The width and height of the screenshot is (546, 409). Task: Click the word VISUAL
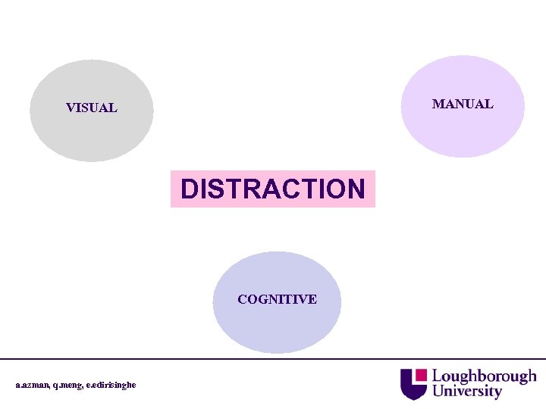tap(91, 108)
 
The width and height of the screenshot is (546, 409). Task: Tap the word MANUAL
tap(462, 104)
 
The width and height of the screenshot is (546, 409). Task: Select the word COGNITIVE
tap(277, 299)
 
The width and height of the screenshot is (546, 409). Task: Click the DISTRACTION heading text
tap(273, 189)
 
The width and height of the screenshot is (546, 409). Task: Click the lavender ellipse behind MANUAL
tap(463, 133)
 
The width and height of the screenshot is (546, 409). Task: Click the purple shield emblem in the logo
tap(413, 383)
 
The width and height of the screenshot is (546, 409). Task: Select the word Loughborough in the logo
tap(484, 376)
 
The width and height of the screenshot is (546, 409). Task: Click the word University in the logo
tap(467, 392)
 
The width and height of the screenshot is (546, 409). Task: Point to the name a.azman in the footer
tap(33, 385)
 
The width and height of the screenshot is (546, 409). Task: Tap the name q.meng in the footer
tap(70, 385)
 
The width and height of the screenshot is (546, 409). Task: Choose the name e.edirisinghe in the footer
tap(111, 385)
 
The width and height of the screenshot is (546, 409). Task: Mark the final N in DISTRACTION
tap(356, 189)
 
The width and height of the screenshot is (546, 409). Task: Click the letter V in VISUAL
tap(71, 108)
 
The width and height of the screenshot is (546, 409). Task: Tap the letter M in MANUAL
tap(438, 104)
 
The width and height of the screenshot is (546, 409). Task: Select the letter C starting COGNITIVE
tap(242, 299)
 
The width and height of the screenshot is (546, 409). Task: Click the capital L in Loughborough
tap(437, 376)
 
